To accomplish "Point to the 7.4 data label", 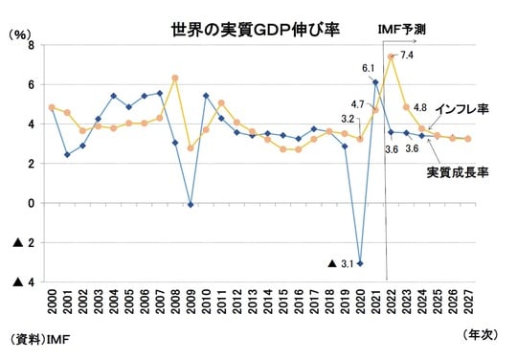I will (407, 56).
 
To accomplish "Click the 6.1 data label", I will (368, 68).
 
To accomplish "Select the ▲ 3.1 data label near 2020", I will (343, 263).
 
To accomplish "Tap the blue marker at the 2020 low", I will (360, 262).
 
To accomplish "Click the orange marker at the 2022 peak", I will (391, 56).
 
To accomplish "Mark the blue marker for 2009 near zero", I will (191, 204).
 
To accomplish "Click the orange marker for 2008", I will (175, 78).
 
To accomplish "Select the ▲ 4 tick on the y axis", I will (24, 282).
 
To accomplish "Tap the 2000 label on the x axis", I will (52, 313).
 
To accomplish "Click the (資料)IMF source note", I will (40, 339).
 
